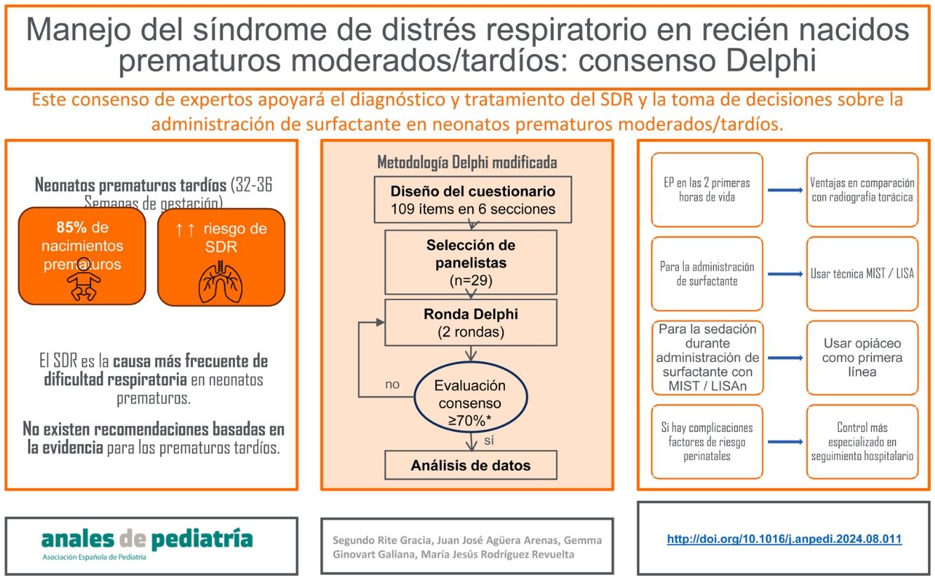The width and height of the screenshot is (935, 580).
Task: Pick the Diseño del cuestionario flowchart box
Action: click(472, 199)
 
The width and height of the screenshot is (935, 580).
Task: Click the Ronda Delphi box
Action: click(471, 323)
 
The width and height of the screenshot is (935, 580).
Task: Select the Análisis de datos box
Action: click(471, 465)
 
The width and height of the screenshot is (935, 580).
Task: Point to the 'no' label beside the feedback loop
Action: click(392, 384)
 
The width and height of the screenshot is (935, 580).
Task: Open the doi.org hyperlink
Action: click(784, 539)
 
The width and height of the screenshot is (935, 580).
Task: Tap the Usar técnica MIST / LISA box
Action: click(862, 274)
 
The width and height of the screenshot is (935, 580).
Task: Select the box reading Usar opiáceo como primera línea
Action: click(862, 358)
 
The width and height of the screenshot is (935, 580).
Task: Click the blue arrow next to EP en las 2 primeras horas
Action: click(784, 190)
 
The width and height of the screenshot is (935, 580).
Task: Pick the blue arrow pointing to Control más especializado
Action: click(784, 442)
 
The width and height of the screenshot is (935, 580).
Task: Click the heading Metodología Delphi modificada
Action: click(467, 162)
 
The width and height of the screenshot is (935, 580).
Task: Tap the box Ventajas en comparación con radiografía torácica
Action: click(862, 190)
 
